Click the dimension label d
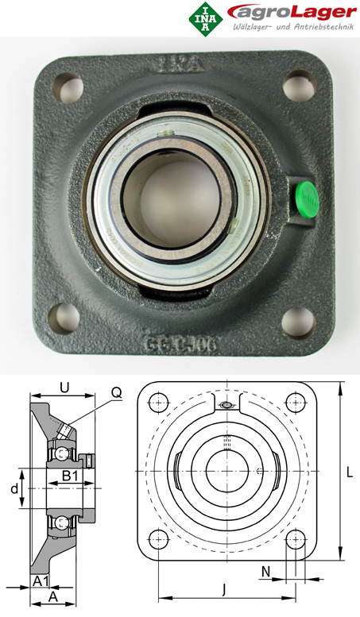[14, 488]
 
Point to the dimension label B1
[69, 476]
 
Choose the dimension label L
[349, 472]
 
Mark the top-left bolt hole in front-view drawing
[159, 400]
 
